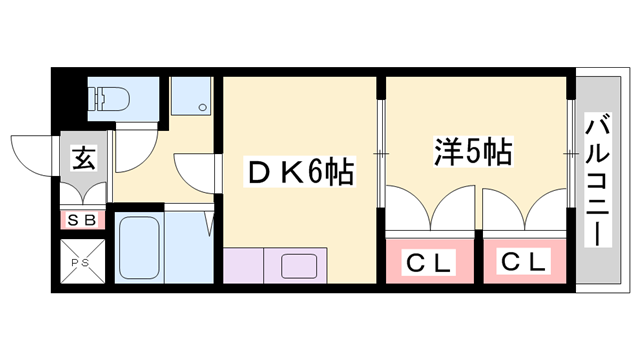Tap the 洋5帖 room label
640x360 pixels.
[473, 152]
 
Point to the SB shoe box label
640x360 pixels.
[81, 220]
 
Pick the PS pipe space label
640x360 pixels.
[81, 264]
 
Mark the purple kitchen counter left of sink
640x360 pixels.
[242, 267]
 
